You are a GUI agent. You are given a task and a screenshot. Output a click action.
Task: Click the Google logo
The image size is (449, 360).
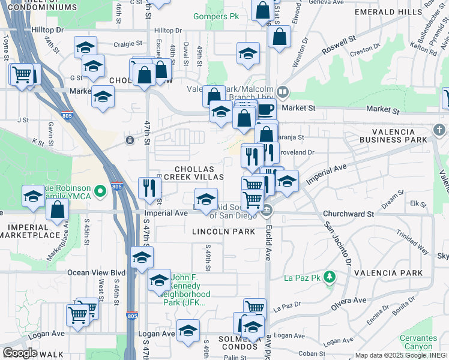click(20, 353)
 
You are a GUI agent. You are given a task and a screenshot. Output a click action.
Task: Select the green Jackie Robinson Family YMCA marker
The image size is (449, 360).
click(100, 191)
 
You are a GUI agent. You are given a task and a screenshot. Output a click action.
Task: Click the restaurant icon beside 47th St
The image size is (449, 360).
click(149, 188)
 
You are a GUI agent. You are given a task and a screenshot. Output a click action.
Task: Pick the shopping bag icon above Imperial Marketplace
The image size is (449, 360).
click(57, 209)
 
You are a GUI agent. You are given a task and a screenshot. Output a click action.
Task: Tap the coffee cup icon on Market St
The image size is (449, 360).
click(265, 110)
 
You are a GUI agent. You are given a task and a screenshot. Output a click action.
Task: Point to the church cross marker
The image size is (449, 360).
click(439, 130)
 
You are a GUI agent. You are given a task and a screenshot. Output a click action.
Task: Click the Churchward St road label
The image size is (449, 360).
click(348, 214)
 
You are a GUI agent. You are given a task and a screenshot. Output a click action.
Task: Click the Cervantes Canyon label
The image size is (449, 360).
click(417, 342)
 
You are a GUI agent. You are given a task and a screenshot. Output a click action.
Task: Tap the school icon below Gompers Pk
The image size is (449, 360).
click(248, 53)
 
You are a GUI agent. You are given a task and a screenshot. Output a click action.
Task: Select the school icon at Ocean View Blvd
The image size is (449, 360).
click(142, 257)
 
